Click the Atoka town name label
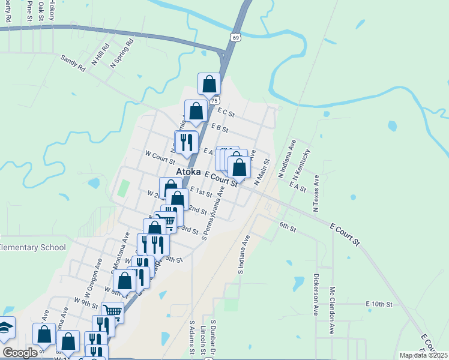188,172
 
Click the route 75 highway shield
214,100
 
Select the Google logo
19,353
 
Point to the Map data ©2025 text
424,355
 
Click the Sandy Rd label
73,64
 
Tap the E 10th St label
379,304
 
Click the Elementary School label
28,248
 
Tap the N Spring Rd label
121,53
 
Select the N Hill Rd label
100,55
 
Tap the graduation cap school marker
5,328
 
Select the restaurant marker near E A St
186,142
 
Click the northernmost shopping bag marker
209,85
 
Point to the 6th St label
288,227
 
